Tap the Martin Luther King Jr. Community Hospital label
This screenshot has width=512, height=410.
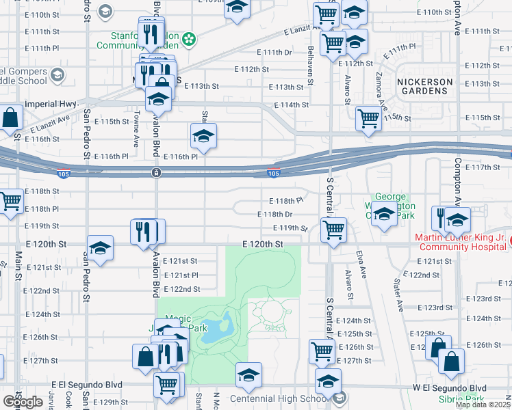point(460,242)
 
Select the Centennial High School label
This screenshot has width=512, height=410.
point(281,398)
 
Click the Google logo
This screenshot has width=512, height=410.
point(23,401)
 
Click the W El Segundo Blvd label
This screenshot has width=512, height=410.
point(446,387)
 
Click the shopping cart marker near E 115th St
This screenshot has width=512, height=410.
point(369,118)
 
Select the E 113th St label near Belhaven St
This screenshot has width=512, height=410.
point(285,87)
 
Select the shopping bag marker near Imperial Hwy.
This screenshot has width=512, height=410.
point(12,118)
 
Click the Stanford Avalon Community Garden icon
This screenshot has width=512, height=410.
point(190,38)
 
